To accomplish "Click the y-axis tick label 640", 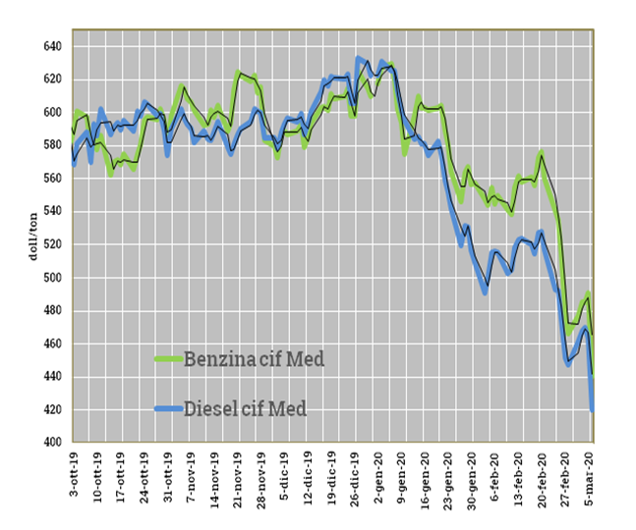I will (51, 46).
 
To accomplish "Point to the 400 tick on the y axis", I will (51, 443).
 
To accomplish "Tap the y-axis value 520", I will (51, 244).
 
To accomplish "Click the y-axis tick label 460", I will (51, 344).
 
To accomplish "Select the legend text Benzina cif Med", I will (254, 359).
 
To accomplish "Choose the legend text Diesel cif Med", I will (246, 408).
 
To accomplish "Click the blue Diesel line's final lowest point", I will (593, 410).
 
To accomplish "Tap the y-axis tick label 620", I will (51, 79).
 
